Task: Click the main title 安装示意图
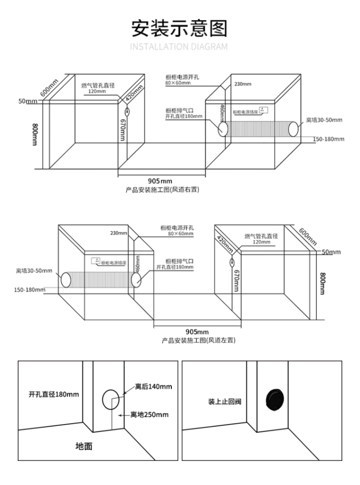180,28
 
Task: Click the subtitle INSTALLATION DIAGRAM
180,47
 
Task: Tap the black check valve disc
274,400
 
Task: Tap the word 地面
84,446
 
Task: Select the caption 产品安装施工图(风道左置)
199,340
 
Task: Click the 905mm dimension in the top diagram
160,181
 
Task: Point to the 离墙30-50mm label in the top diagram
324,120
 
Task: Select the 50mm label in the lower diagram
331,252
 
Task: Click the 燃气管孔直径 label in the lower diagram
261,236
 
